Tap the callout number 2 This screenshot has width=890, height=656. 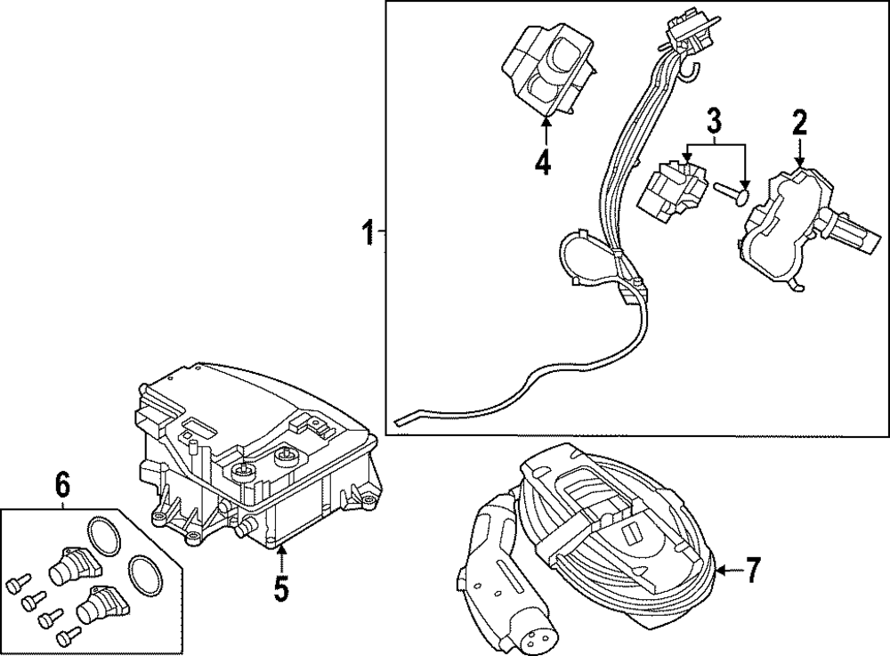(x=800, y=122)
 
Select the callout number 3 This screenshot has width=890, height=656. (x=714, y=119)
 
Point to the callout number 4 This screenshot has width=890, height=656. (x=543, y=164)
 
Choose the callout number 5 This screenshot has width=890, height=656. (x=281, y=588)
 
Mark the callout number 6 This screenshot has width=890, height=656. (x=62, y=486)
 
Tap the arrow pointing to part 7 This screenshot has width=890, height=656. (x=728, y=569)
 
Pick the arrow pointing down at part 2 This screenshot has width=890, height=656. (x=800, y=151)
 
